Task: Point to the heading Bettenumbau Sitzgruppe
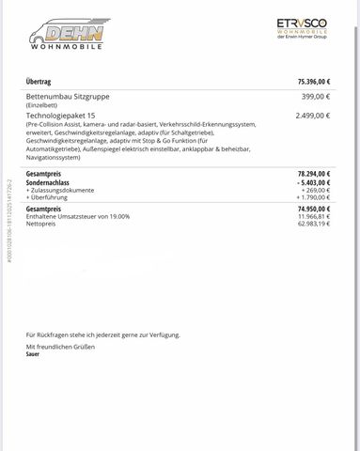(x=68, y=96)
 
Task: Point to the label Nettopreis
(x=41, y=224)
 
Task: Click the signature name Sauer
(x=33, y=354)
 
